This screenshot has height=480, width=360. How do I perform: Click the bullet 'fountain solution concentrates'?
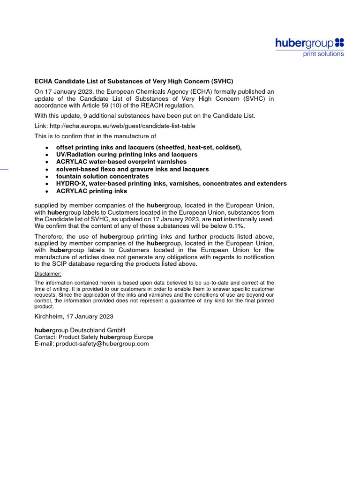[x=102, y=176]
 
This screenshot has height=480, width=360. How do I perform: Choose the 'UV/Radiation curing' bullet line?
[x=127, y=154]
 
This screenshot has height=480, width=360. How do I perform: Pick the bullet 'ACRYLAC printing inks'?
[x=91, y=191]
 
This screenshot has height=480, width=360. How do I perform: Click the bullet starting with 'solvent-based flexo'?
[x=132, y=169]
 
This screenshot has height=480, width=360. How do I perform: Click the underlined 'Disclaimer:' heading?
[x=48, y=274]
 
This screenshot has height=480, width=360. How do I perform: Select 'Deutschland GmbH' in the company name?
[x=98, y=330]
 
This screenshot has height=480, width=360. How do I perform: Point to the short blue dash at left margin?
[x=4, y=169]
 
